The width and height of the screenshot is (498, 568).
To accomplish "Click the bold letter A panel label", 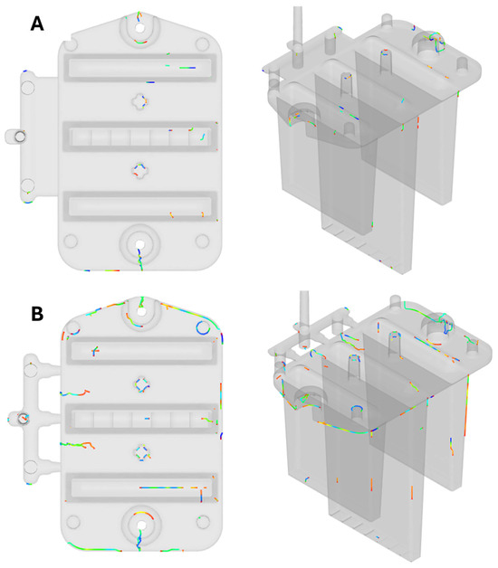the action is (x=37, y=24).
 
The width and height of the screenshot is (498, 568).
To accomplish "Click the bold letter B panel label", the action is (x=37, y=314).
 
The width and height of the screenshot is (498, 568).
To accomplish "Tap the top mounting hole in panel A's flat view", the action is (x=139, y=27).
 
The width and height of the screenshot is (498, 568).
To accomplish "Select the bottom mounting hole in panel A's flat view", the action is (x=139, y=244).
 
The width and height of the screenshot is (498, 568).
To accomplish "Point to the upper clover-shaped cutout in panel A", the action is (x=140, y=101).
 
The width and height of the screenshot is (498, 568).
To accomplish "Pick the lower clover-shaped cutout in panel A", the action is (x=140, y=170).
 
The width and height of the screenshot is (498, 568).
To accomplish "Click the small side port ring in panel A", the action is (x=20, y=137).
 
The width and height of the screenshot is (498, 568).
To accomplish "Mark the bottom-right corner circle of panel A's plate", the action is (x=202, y=241).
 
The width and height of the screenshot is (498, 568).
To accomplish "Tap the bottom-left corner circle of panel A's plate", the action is (x=71, y=241).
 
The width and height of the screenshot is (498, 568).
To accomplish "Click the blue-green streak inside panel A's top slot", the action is (x=187, y=68).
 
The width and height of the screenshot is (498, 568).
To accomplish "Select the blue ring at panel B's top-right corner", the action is (x=203, y=327).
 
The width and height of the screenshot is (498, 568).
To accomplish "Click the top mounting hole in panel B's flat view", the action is (x=141, y=311).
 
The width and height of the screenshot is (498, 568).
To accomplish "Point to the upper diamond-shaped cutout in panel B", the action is (x=142, y=384).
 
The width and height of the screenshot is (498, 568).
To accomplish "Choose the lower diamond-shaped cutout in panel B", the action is (x=142, y=453).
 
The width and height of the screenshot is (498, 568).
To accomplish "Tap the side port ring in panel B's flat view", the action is (x=24, y=418).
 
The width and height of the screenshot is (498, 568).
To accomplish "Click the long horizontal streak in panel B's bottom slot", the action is (x=161, y=488).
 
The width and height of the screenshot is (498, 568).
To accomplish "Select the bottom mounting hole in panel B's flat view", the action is (x=141, y=525).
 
